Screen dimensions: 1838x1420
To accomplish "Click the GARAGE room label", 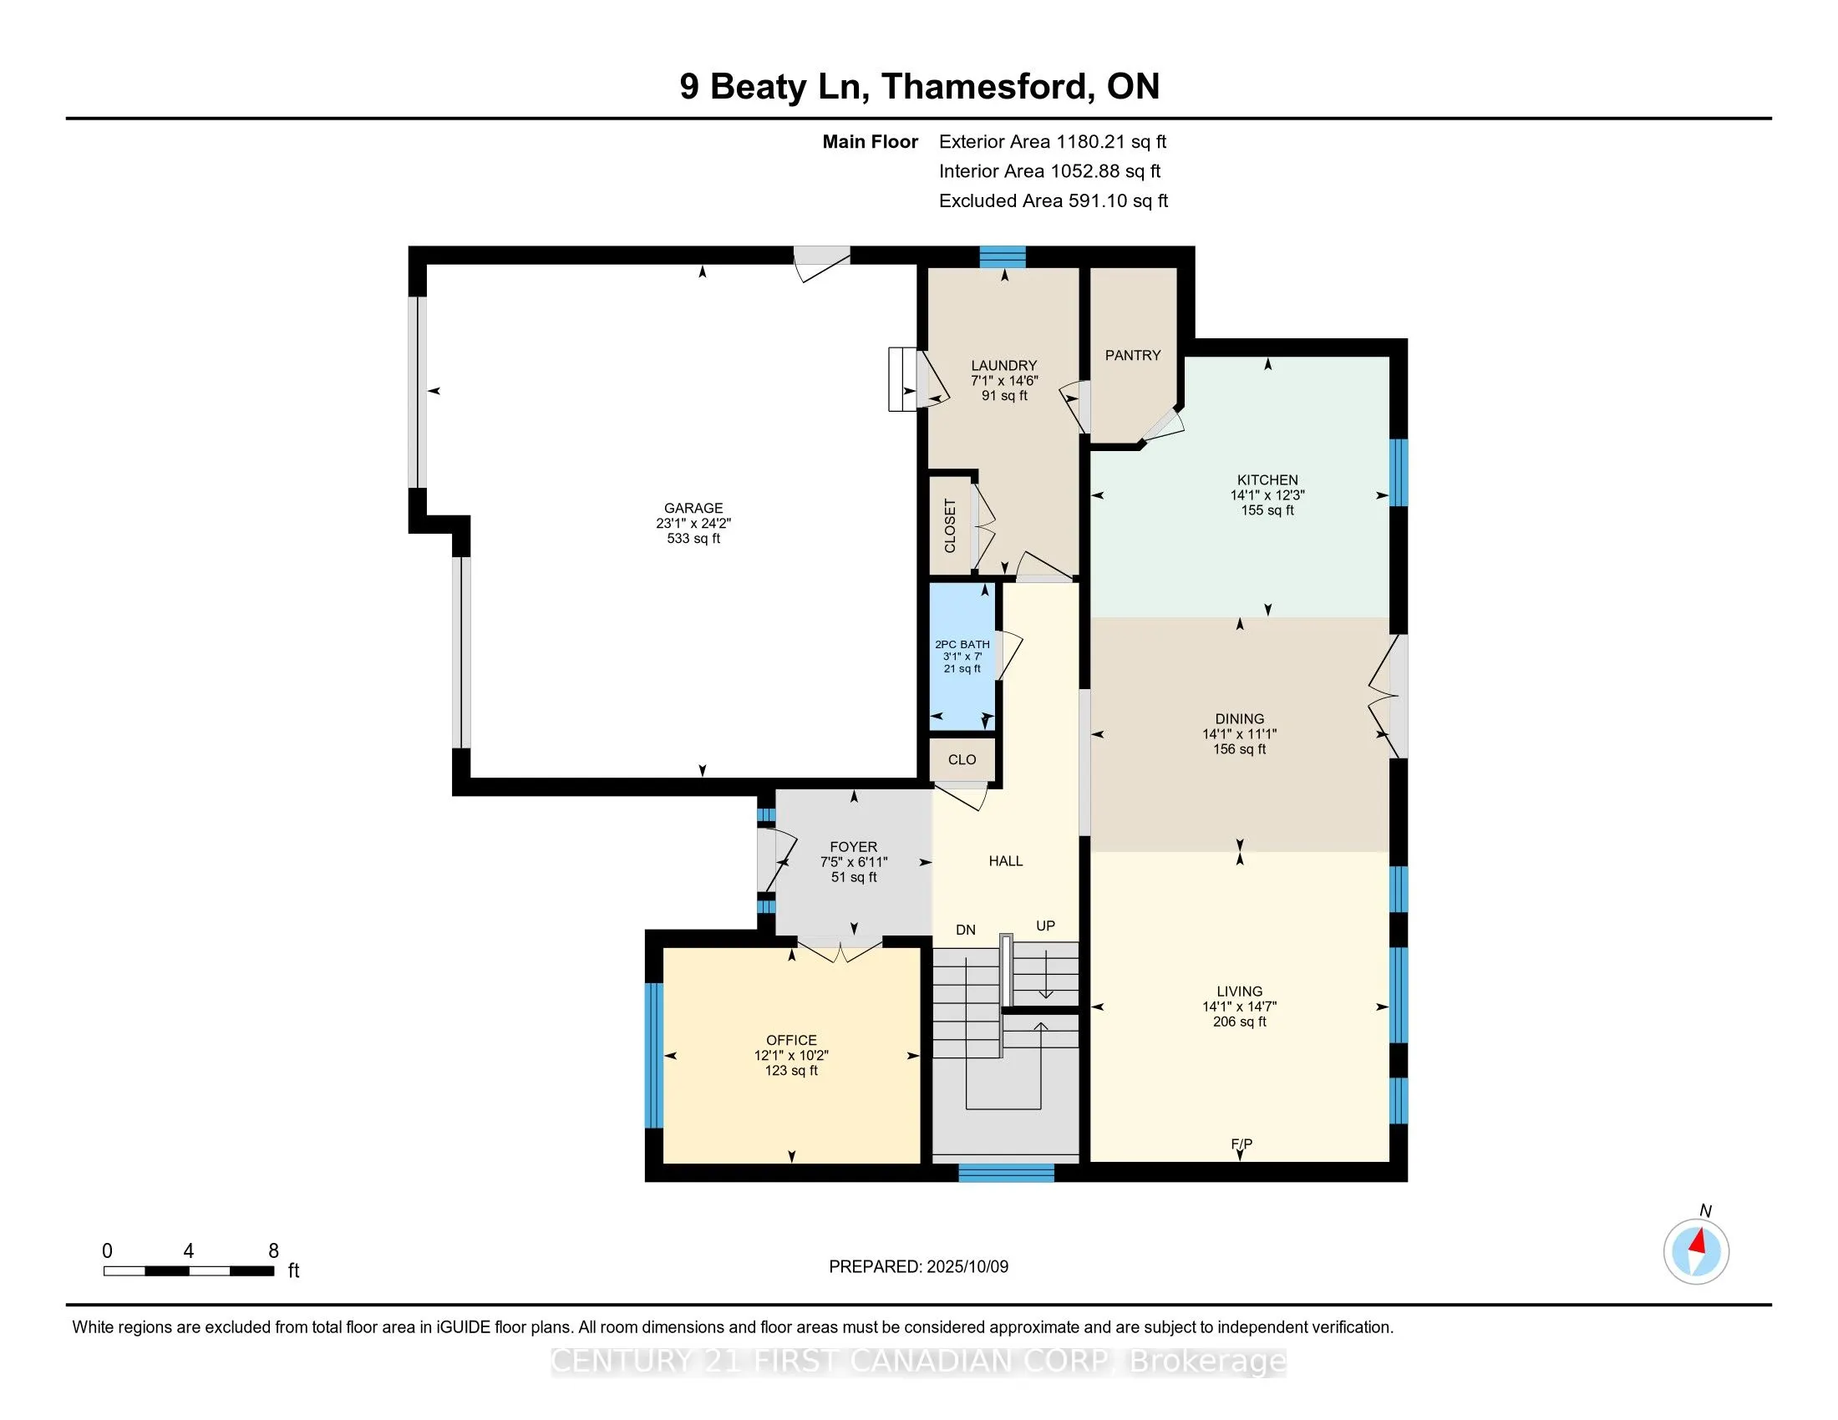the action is tap(693, 508).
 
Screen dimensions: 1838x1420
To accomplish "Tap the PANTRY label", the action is tap(1133, 355).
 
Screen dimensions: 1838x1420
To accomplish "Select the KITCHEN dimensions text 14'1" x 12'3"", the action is tap(1267, 495).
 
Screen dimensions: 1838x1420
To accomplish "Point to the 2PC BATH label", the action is tap(962, 644).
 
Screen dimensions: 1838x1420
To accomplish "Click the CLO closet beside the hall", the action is tap(962, 759).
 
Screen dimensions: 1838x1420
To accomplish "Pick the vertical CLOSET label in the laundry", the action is tap(950, 525).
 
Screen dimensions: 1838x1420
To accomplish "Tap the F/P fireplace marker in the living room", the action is tap(1241, 1144).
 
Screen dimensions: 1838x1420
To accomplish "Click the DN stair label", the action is tap(965, 930).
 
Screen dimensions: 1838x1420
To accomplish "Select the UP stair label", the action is tap(1045, 926).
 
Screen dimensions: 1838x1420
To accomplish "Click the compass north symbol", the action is tap(1696, 1252).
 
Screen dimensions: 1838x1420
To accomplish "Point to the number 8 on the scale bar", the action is tap(273, 1251).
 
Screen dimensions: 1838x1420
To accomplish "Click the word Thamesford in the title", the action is tap(985, 87).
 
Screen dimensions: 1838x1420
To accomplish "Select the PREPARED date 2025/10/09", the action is tap(967, 1267).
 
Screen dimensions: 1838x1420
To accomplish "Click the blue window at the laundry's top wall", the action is tap(1003, 256).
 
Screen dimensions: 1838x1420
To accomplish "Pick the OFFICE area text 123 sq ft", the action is tap(791, 1071).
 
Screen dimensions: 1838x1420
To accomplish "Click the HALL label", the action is tap(1006, 860).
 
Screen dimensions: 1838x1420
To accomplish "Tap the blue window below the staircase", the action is tap(1006, 1172).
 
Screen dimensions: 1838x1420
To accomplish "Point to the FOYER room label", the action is tap(853, 847).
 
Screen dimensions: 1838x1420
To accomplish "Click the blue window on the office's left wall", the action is tap(654, 1055).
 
